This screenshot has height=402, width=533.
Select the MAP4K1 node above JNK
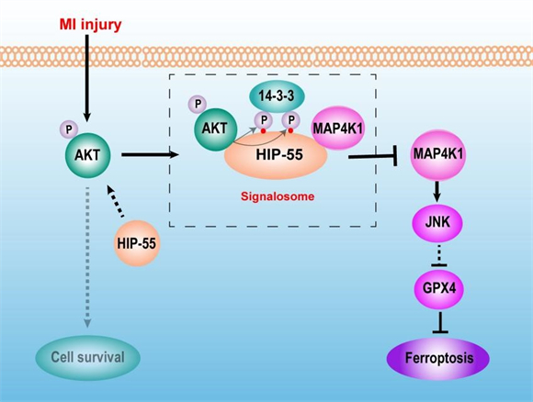coord(438,153)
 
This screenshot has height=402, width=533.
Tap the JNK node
coord(438,222)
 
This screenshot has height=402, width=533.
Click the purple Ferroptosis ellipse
coord(438,357)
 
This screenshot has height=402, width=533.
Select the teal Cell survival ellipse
coord(88,355)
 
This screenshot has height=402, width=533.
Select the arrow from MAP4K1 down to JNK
coord(438,188)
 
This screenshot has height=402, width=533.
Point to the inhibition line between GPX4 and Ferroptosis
coord(438,323)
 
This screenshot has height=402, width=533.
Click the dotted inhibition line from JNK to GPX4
coord(438,256)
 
